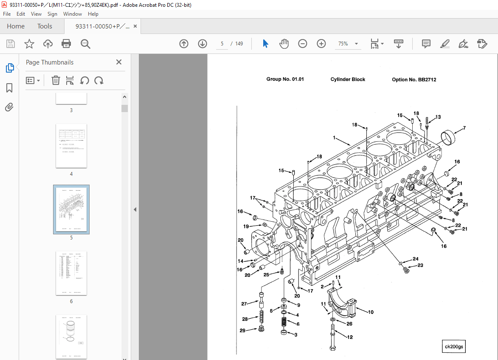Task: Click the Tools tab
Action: (45, 26)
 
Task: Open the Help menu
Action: (93, 14)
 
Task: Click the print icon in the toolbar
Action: (66, 44)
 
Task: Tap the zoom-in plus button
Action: (321, 44)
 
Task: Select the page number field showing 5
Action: (222, 44)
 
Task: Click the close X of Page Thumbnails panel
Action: (119, 62)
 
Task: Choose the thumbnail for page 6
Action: (71, 273)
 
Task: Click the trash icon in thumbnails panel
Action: (56, 80)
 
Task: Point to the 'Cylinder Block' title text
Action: (348, 79)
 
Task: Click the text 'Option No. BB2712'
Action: (414, 79)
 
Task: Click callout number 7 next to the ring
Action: (464, 128)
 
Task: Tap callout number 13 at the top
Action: (438, 117)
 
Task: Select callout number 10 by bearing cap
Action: (371, 312)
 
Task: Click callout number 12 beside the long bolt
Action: (350, 337)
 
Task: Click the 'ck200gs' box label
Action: (454, 346)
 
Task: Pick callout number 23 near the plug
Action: (420, 266)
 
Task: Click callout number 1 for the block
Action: (335, 138)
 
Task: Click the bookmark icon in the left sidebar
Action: (9, 88)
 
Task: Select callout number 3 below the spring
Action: (296, 335)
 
